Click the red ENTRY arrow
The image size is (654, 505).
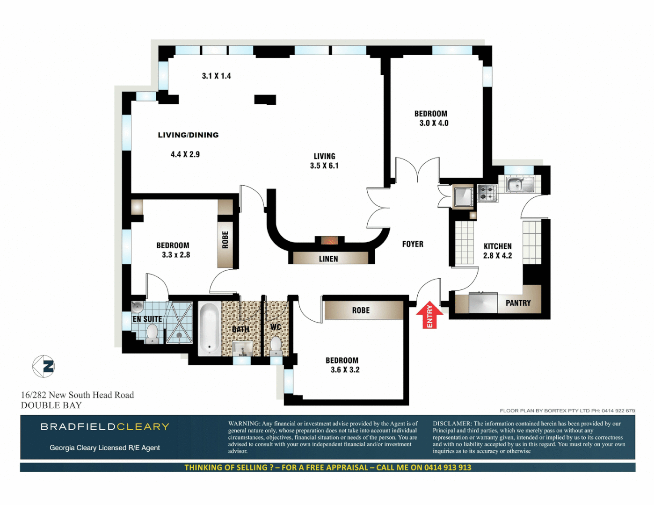tap(429, 316)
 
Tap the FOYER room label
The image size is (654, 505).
tap(413, 244)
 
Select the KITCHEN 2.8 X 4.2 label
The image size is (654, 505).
tap(497, 251)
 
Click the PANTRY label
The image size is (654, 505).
tap(518, 303)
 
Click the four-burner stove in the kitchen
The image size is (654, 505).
tap(487, 193)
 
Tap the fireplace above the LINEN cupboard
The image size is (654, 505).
tap(329, 241)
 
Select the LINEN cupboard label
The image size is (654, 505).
tap(328, 259)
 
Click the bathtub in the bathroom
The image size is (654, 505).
tap(209, 328)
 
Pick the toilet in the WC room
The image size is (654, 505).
tap(276, 345)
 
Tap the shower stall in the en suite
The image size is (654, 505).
tap(179, 323)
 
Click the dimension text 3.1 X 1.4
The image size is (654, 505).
tap(216, 76)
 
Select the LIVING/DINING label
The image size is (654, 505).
tap(188, 135)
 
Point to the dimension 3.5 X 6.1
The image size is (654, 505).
tap(324, 166)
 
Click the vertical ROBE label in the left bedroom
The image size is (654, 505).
tap(225, 240)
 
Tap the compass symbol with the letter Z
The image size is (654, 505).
tap(44, 366)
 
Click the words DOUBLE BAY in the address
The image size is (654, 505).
tap(51, 405)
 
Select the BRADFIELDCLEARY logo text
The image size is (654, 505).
tap(105, 426)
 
